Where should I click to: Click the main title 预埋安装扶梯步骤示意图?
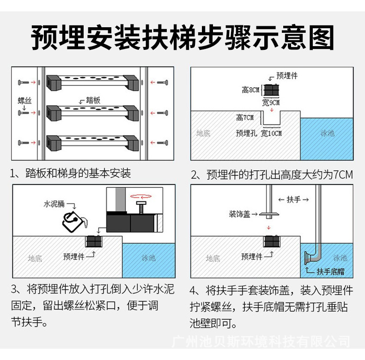(x=182, y=36)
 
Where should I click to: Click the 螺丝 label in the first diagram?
(x=24, y=100)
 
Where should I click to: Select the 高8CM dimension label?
(x=251, y=90)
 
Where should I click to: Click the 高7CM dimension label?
(x=245, y=118)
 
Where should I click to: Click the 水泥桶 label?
(x=54, y=204)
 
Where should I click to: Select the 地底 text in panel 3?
(x=35, y=258)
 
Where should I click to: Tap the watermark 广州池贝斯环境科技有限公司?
(x=261, y=342)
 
